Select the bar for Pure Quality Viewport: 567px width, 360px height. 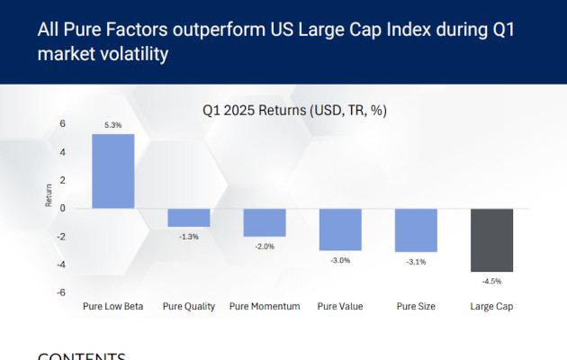(189, 217)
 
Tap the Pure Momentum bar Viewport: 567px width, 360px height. (265, 222)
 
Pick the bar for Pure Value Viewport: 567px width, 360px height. (340, 229)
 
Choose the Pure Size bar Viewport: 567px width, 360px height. (416, 230)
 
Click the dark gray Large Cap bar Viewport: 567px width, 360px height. (492, 239)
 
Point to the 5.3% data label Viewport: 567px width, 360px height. (112, 125)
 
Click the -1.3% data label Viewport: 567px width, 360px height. (189, 236)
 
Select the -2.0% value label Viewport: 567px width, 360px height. (265, 246)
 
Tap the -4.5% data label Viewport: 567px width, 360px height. (492, 281)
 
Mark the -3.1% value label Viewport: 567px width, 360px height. (416, 262)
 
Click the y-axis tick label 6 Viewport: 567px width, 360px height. (63, 123)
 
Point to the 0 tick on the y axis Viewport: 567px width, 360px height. (63, 208)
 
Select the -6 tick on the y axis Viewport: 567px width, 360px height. (61, 292)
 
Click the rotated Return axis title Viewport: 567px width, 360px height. (49, 194)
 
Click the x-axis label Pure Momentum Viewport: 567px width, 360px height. (265, 307)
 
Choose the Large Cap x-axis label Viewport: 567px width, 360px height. (492, 307)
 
